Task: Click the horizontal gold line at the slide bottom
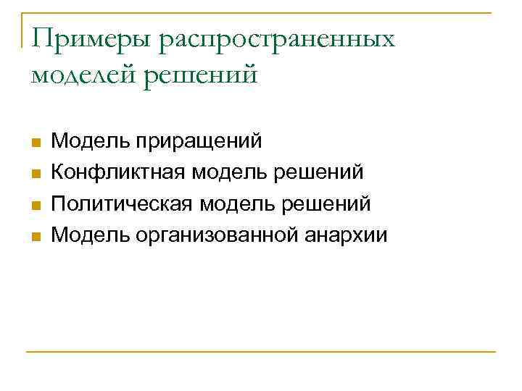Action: pos(261,353)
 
